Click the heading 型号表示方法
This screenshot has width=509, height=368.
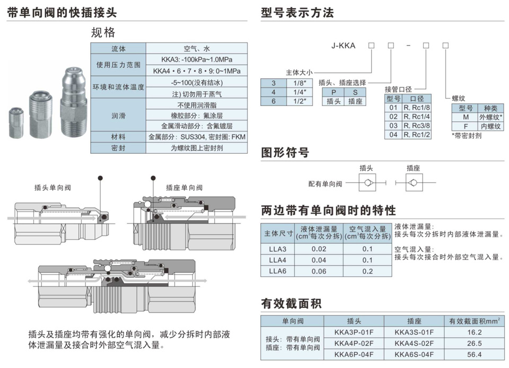(297, 13)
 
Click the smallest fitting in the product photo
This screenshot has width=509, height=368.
(17, 122)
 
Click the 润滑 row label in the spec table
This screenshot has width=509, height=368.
(118, 115)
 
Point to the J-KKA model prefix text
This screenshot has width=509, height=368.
(344, 46)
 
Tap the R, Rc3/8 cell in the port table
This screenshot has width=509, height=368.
(415, 126)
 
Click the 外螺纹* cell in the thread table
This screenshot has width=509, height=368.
(490, 117)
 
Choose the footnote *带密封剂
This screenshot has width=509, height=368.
(467, 136)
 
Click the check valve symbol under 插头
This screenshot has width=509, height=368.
(366, 184)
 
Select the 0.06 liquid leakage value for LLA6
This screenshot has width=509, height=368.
(319, 271)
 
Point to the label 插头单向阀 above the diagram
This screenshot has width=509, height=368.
(52, 187)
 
